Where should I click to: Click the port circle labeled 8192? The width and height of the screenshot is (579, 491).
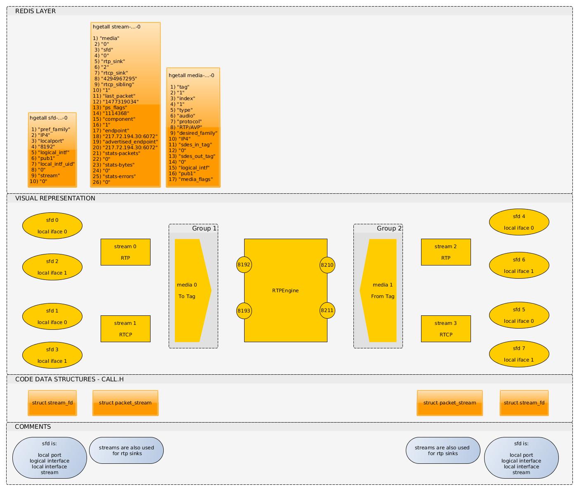(x=244, y=265)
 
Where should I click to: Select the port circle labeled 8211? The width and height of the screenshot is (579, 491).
(x=327, y=310)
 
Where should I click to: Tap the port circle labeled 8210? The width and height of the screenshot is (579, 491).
(x=327, y=265)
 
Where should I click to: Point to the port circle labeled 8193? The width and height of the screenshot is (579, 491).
(x=244, y=310)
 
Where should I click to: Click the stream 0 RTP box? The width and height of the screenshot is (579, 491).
(x=125, y=252)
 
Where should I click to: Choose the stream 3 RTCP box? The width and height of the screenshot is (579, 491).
(x=446, y=329)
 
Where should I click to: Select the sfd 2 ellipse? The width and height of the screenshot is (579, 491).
(x=52, y=267)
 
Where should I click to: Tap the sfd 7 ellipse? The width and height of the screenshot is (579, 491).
(x=519, y=354)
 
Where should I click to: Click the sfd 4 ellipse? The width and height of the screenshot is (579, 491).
(x=519, y=222)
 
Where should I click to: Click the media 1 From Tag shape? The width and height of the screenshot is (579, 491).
(x=381, y=290)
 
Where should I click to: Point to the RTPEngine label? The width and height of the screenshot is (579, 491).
(x=285, y=291)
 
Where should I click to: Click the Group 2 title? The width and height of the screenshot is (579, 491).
(x=389, y=228)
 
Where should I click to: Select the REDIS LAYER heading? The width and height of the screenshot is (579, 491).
(x=35, y=11)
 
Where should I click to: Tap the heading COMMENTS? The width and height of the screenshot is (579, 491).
(x=33, y=427)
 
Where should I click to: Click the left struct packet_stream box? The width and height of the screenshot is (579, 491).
(x=125, y=403)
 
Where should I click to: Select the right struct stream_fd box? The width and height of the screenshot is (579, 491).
(x=524, y=403)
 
